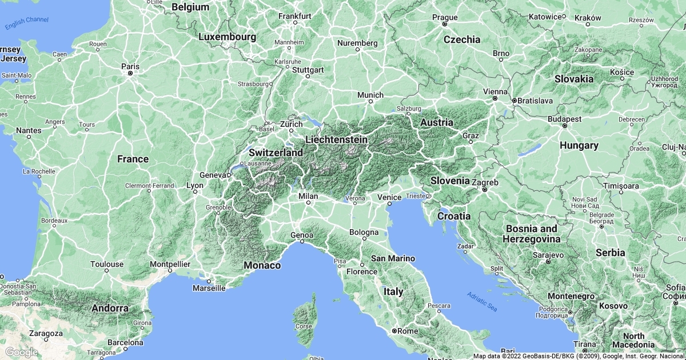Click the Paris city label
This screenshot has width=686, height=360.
(x=130, y=66)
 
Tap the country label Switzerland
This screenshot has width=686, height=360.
(x=276, y=153)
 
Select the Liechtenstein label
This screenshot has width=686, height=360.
(x=336, y=139)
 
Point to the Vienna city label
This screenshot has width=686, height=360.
(x=495, y=91)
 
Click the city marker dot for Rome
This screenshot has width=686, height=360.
(x=394, y=331)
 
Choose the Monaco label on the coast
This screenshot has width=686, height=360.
(x=262, y=265)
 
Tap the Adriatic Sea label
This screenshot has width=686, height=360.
(x=482, y=301)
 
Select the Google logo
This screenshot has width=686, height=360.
(x=21, y=351)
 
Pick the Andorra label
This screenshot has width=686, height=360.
(x=110, y=309)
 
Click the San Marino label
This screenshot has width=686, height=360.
(x=393, y=258)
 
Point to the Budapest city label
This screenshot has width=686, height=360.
(x=564, y=119)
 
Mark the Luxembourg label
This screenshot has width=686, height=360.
(x=227, y=37)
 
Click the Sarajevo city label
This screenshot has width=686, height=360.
(x=548, y=254)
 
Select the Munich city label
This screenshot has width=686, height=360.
(x=370, y=94)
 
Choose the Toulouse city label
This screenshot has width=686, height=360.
(x=107, y=264)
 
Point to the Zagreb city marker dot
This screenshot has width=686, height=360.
(x=484, y=189)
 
